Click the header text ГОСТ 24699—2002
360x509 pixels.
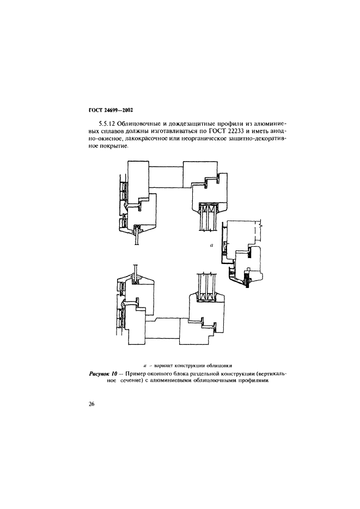pos(111,110)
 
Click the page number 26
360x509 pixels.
pos(91,404)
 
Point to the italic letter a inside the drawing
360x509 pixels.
pos(212,246)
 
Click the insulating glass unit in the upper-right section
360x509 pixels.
pos(209,217)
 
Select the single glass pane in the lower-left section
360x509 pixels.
pos(136,269)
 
